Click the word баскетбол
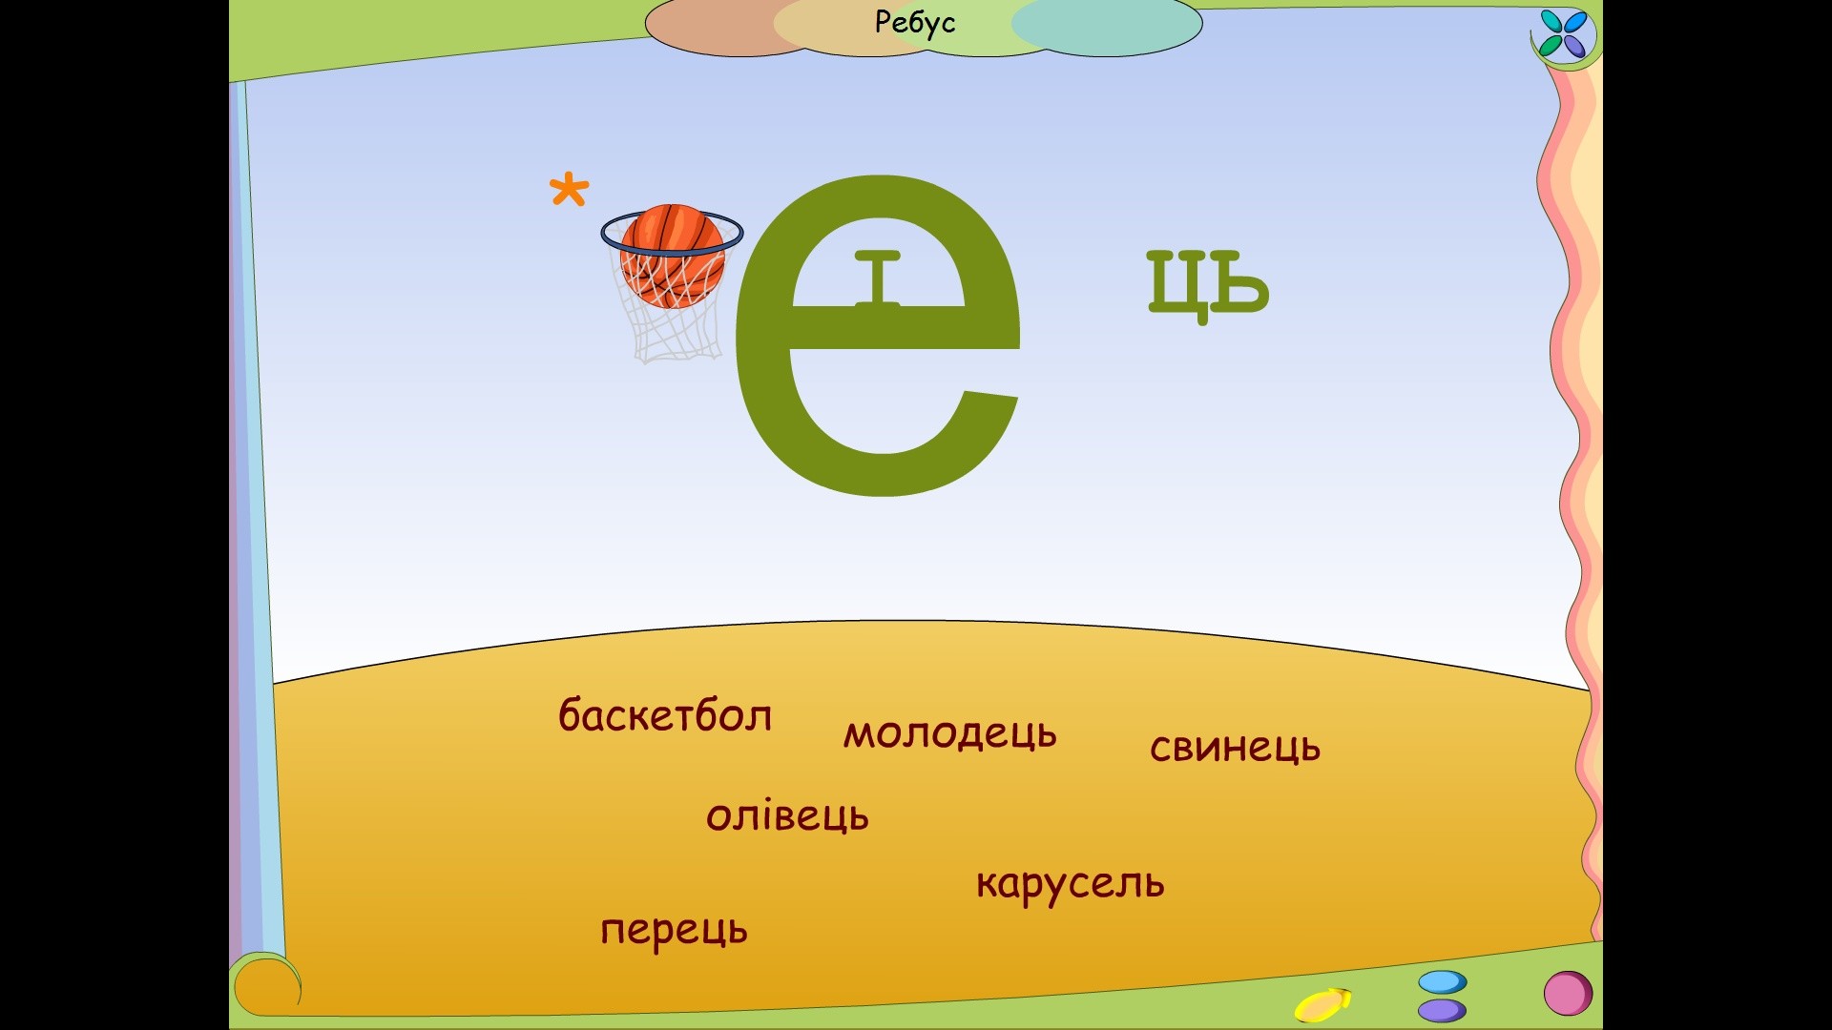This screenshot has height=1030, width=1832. [x=665, y=715]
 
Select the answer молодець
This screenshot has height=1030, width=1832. [x=949, y=733]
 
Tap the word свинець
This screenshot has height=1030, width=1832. [x=1235, y=747]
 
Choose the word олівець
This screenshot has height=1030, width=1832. [x=787, y=815]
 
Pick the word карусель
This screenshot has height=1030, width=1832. [x=1070, y=884]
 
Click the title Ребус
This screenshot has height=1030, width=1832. [x=914, y=22]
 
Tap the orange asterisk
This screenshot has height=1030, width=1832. [x=570, y=190]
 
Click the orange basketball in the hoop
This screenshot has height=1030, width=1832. [x=672, y=255]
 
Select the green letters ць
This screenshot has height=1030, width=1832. [x=1208, y=283]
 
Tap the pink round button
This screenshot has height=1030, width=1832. [x=1568, y=993]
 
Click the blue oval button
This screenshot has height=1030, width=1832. [x=1442, y=982]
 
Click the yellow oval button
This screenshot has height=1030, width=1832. [x=1321, y=1005]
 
